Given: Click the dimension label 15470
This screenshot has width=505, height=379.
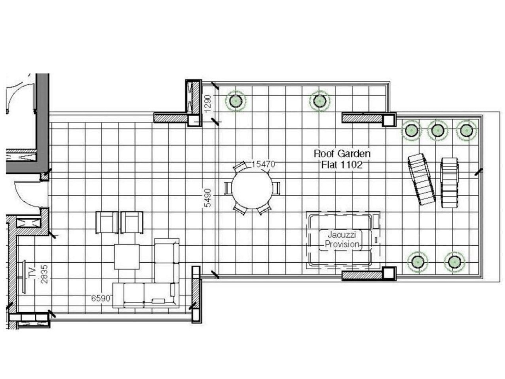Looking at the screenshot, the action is pos(263,164).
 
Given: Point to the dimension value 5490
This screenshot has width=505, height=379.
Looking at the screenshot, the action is pos(208,198).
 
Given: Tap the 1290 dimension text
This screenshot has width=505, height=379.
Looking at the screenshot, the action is pos(208,104).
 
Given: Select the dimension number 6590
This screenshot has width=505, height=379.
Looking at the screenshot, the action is pos(101,298).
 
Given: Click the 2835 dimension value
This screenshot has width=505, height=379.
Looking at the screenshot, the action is pos(44,274).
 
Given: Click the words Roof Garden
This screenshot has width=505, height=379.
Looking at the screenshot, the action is pos(342,153).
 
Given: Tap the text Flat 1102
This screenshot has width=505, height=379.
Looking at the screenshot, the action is pos(342,165).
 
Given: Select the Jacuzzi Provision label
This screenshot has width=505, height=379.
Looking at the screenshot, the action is pos(342,239).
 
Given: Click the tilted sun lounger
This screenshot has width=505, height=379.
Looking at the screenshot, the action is pos(422,179).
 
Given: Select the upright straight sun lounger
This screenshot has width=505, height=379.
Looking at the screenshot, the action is pos(449,183).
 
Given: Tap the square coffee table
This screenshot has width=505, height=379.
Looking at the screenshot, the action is pos(127,257).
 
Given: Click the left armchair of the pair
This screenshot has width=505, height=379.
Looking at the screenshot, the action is pos(107,223).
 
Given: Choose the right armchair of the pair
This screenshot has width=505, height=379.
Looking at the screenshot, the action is pos(132,223).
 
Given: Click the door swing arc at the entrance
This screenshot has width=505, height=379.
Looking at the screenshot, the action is pos(22,198).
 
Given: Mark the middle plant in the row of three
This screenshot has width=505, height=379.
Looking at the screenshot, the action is pos(437,131).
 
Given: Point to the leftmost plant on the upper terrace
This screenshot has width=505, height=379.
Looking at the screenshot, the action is pos(236,101).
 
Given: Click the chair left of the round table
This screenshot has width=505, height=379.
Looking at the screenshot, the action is pos(228,188).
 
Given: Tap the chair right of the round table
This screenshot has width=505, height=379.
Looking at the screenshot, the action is pos(276,188).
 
